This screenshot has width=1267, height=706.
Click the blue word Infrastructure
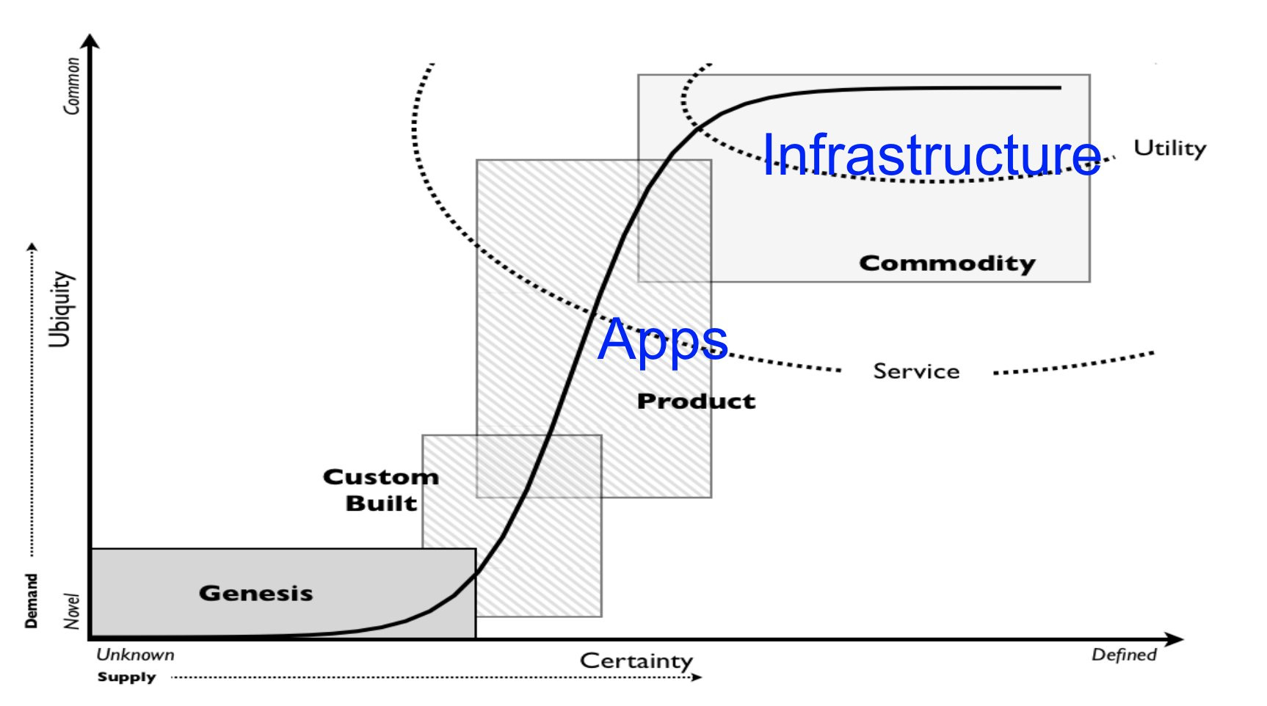(x=931, y=154)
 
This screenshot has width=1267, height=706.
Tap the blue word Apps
(x=662, y=340)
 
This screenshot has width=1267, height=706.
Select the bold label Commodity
(x=947, y=263)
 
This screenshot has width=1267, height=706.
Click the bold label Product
(x=696, y=401)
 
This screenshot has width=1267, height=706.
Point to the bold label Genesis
(x=255, y=593)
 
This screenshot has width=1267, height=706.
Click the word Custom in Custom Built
(x=381, y=477)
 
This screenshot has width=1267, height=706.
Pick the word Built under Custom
(x=381, y=503)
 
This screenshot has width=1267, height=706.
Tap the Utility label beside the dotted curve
(x=1169, y=148)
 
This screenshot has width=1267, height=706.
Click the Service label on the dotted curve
(x=916, y=371)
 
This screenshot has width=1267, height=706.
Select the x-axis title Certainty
(x=636, y=660)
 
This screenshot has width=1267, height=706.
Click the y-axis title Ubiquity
(x=60, y=309)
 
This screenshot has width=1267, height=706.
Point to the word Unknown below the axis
(x=136, y=655)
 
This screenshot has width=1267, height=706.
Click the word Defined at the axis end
(x=1123, y=655)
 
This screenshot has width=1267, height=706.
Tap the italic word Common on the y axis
(x=71, y=86)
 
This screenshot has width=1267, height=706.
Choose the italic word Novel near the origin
(x=71, y=611)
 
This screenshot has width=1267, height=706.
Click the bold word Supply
(x=126, y=677)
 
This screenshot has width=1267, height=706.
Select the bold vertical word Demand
(x=31, y=600)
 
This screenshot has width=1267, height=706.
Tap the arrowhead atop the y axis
(x=90, y=41)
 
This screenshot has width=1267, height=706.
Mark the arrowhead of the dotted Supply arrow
(x=697, y=677)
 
